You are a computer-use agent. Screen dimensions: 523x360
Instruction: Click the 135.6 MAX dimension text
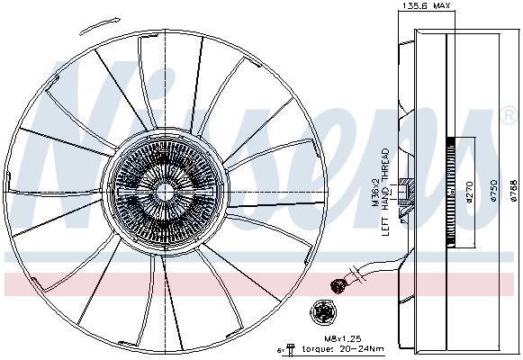tap(427, 5)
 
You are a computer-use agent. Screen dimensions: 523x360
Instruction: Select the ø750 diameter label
tap(493, 191)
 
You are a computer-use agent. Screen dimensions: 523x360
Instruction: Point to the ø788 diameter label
tap(514, 191)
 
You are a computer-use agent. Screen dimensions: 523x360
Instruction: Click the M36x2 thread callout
tap(375, 193)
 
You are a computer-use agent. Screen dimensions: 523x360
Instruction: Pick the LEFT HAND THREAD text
tap(385, 192)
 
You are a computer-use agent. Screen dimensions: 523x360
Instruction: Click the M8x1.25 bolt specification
tap(343, 338)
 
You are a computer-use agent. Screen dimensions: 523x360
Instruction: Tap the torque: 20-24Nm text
tap(343, 349)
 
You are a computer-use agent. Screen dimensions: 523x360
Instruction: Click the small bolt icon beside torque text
tap(291, 349)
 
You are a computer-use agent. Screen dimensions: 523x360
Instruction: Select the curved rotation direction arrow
tap(99, 26)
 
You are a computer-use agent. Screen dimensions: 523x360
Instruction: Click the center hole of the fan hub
tap(165, 193)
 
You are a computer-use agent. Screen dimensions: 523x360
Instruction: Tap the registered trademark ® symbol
tap(509, 115)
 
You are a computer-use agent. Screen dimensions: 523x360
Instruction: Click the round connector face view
tap(323, 312)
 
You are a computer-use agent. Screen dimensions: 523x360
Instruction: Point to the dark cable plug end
tap(338, 286)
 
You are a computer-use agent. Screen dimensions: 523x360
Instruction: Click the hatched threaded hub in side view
tap(407, 193)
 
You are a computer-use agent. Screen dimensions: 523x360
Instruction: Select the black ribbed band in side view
tap(451, 192)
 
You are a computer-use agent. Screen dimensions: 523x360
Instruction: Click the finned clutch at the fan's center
tap(165, 193)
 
